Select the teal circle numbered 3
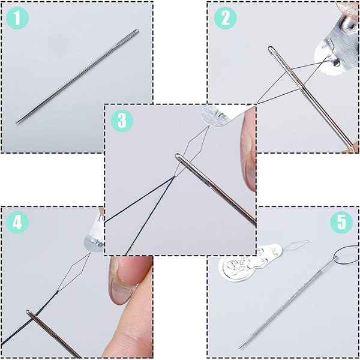(122, 121)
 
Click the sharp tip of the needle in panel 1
(17, 123)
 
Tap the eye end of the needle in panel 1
(136, 31)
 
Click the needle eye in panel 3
(181, 159)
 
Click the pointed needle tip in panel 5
(241, 347)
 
